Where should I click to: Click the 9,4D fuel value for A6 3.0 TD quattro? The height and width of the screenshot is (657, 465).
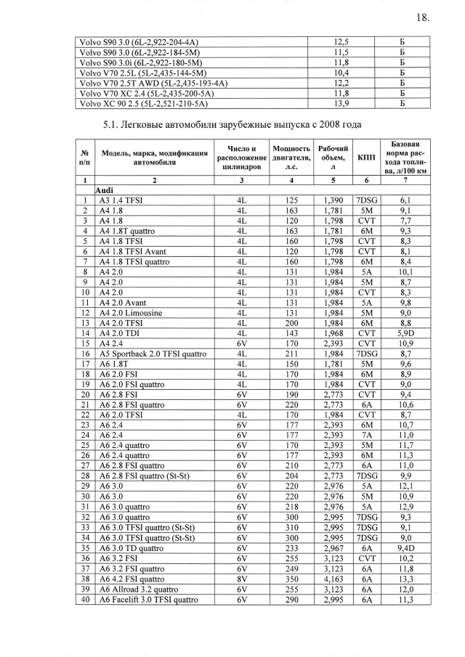(x=406, y=546)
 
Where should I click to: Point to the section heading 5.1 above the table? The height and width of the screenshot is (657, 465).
(x=232, y=124)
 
